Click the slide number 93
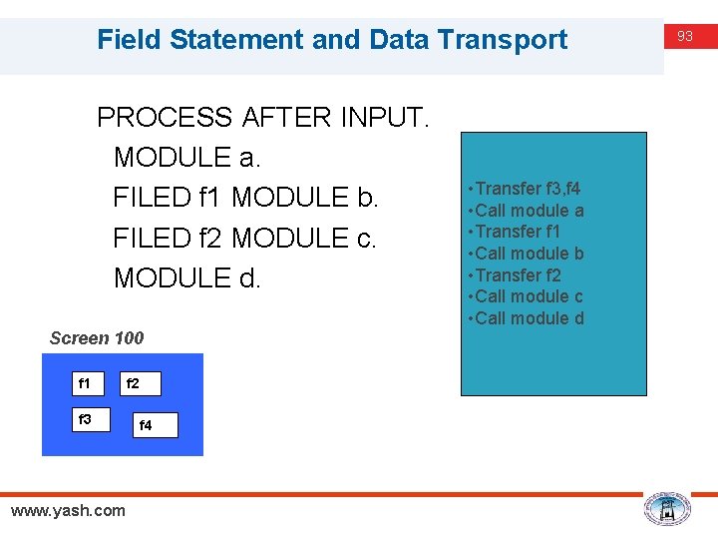tap(685, 36)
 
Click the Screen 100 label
tap(97, 338)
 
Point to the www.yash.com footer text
tap(68, 511)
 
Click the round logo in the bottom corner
tap(666, 509)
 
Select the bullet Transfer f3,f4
tap(529, 189)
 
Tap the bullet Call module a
tap(530, 211)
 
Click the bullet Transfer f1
tap(518, 232)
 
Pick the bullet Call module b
tap(530, 254)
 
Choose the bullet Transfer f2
tap(518, 275)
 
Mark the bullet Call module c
tap(530, 296)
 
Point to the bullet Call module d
tap(530, 318)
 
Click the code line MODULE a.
tap(187, 158)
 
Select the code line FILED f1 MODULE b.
tap(246, 198)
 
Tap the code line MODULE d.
tap(187, 277)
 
